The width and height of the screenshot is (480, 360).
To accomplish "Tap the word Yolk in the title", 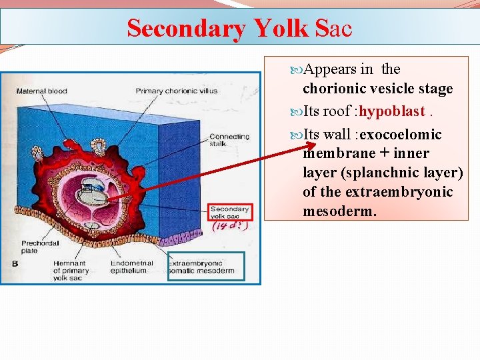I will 280,29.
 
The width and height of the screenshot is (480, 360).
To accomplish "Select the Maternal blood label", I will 41,91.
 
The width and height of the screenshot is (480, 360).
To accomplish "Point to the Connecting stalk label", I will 229,141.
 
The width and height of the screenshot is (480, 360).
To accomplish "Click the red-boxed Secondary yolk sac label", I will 231,212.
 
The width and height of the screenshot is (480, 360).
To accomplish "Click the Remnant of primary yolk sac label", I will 72,271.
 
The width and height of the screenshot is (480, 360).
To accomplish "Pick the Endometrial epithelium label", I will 133,267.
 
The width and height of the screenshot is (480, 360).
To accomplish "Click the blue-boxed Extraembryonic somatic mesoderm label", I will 205,267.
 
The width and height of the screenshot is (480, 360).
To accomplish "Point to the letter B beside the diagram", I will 15,264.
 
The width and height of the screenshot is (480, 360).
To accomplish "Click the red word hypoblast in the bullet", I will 391,111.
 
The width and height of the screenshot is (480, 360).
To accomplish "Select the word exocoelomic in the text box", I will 400,135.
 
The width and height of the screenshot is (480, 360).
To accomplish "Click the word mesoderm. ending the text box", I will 339,211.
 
